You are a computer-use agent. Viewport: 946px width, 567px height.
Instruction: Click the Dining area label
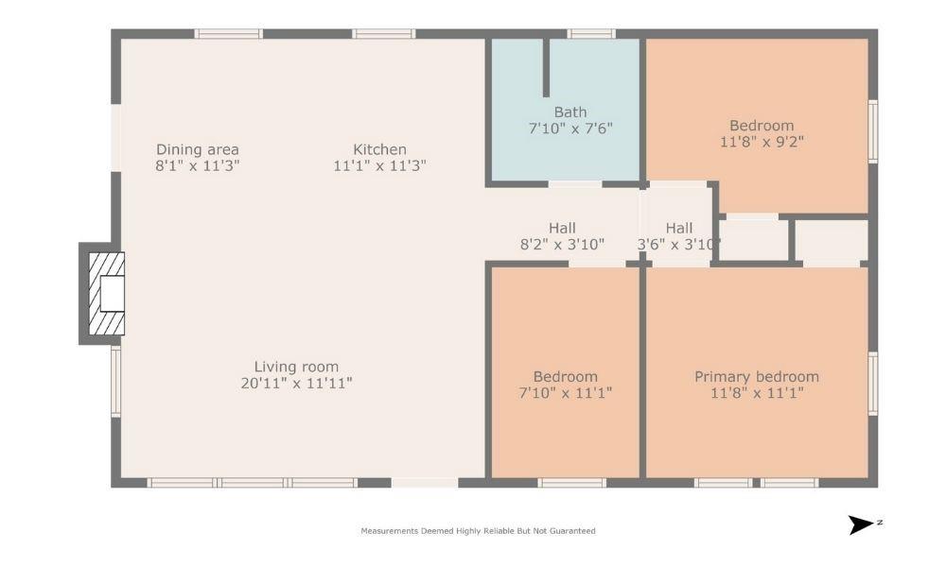point(197,149)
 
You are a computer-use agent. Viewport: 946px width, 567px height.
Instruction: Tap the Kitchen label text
point(379,149)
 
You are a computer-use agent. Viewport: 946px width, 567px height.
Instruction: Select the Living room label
point(296,367)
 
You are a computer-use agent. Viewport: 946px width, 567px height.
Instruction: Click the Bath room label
point(570,112)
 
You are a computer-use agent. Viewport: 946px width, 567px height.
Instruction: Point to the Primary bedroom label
point(757,376)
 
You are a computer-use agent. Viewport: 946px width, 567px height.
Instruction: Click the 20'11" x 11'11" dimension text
point(296,384)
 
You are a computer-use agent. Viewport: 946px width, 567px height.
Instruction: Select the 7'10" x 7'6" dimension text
point(570,128)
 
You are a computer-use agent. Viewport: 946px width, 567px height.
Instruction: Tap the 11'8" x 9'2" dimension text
point(762,143)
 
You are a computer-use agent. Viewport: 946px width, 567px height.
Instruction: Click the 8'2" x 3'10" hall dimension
point(562,245)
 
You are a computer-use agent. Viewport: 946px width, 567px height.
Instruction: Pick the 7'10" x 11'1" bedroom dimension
point(565,393)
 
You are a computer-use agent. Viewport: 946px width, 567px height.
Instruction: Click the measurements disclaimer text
point(478,531)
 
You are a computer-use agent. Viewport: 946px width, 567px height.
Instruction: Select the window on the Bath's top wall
point(592,34)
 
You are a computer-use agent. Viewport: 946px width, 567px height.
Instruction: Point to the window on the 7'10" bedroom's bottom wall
point(571,483)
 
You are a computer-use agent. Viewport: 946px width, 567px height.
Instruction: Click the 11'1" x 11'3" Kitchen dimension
point(379,165)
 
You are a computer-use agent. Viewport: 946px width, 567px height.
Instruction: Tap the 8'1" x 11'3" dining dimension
point(197,165)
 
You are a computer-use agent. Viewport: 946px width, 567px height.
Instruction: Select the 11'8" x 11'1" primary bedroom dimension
point(757,393)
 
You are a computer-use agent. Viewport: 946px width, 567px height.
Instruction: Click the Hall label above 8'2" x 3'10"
point(562,228)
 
